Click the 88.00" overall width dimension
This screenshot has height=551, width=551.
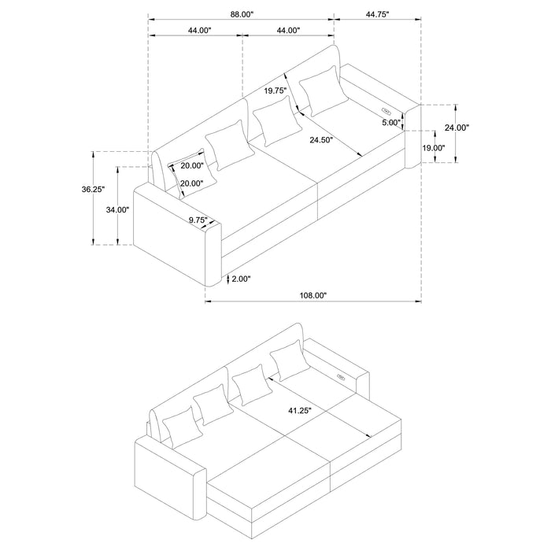(x=241, y=13)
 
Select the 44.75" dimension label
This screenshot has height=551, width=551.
(x=377, y=13)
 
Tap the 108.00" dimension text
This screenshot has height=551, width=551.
(x=313, y=295)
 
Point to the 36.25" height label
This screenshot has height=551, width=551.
(x=94, y=189)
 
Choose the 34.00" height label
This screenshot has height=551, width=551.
(x=118, y=209)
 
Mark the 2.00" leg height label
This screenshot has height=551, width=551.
(x=240, y=278)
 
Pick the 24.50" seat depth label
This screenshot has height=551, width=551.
(x=321, y=140)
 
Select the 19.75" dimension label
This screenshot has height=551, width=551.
(x=275, y=91)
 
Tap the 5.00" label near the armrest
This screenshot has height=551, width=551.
(x=390, y=123)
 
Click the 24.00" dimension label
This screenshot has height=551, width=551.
(x=457, y=128)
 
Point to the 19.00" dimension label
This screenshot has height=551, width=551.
(x=433, y=148)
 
